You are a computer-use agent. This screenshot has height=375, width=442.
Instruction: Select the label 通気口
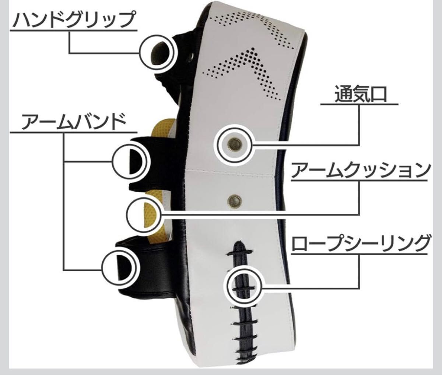360,94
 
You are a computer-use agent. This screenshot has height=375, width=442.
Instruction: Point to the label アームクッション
360,170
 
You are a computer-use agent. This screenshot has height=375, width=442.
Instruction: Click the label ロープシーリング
360,244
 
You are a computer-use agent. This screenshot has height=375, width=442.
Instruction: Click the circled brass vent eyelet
235,144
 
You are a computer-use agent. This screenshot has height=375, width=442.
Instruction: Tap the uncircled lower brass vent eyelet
234,200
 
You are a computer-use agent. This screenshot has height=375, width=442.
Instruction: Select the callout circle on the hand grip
157,53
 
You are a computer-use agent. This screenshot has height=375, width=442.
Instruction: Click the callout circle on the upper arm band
130,161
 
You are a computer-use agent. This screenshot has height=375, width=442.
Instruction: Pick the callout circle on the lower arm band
119,268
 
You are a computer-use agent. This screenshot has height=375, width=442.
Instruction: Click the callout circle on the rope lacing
242,286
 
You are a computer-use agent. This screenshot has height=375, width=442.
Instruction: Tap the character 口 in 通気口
377,94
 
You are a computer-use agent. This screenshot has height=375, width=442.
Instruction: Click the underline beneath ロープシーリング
359,254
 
